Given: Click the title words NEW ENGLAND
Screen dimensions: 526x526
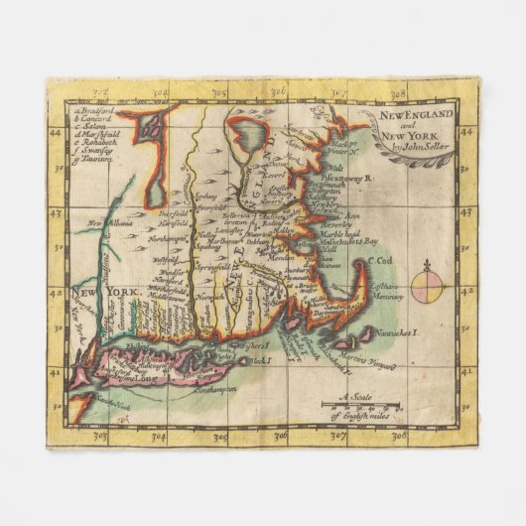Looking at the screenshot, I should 418,114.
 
